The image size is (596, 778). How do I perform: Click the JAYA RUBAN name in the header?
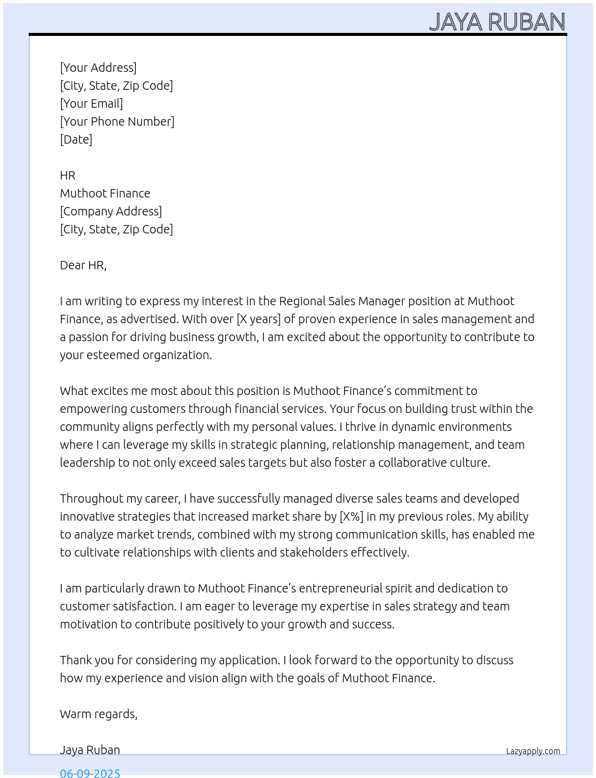point(497,22)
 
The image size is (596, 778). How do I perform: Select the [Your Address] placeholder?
point(98,68)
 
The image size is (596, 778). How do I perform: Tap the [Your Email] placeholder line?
point(92,104)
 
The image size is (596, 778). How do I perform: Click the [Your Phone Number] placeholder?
point(117,121)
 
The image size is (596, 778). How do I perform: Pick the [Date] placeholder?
point(76,139)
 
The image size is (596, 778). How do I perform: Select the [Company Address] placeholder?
point(111,211)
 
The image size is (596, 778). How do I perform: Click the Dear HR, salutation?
point(83,265)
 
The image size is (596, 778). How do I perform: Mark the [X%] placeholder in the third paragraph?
point(351,516)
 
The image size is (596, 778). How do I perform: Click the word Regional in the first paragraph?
point(302,301)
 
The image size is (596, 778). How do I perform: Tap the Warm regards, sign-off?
point(99,714)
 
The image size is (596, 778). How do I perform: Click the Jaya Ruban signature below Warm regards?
point(90,750)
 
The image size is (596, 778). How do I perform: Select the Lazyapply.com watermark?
point(533,751)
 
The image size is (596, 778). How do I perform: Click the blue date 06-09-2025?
point(90,773)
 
